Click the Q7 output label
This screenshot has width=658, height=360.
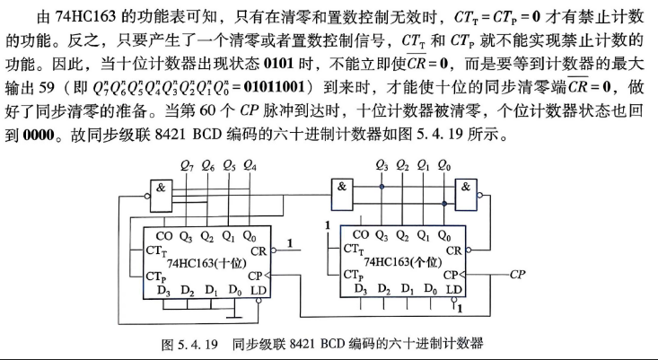[187, 166]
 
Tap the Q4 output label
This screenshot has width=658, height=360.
[250, 166]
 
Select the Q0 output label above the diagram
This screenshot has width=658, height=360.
[444, 166]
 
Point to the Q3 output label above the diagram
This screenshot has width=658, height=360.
[382, 166]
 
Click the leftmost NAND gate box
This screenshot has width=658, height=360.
[162, 196]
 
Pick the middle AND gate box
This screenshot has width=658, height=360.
[342, 195]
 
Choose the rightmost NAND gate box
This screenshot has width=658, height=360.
[466, 195]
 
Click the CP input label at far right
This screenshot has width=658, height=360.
[517, 275]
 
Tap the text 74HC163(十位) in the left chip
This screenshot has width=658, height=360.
[206, 264]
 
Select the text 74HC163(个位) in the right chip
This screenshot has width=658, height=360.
[403, 262]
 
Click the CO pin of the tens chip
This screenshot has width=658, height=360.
[163, 236]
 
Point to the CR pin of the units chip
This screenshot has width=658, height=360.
[453, 250]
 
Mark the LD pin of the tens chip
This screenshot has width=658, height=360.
[259, 290]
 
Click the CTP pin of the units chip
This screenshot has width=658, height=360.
[354, 275]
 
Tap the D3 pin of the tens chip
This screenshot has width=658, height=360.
[163, 291]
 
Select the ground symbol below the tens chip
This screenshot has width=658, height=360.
[234, 315]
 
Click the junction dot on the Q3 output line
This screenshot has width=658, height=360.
[382, 187]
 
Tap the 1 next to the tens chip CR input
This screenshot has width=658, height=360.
[290, 243]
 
